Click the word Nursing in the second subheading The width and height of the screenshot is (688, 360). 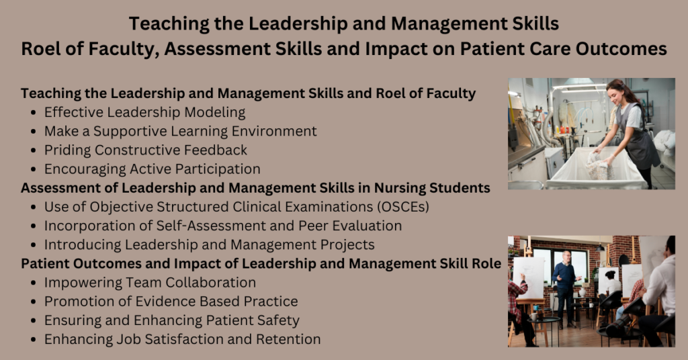(410, 187)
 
